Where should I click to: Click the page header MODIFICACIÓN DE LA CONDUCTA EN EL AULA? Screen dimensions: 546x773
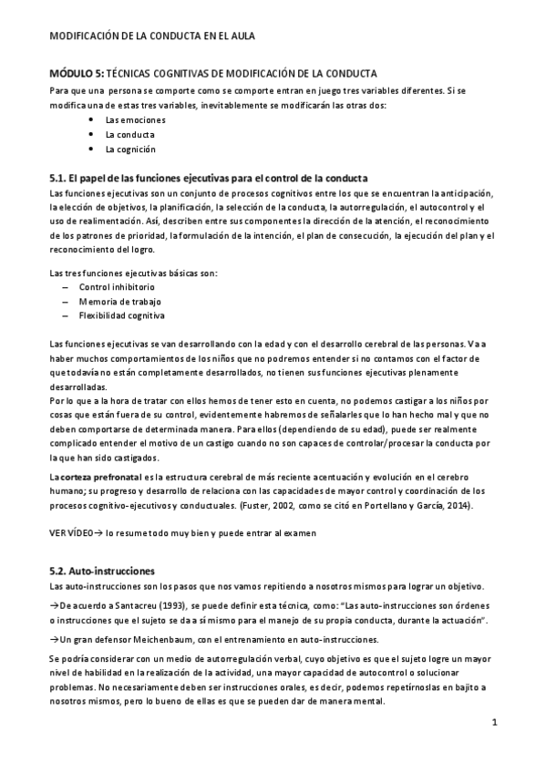pos(151,36)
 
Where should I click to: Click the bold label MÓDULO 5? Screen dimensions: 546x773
pos(77,72)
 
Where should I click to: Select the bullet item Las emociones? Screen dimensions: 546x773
pos(129,119)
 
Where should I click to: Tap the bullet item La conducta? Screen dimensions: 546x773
pos(129,134)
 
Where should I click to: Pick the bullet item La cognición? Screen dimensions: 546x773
pos(130,149)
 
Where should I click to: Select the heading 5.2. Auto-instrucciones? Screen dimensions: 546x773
pos(102,572)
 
